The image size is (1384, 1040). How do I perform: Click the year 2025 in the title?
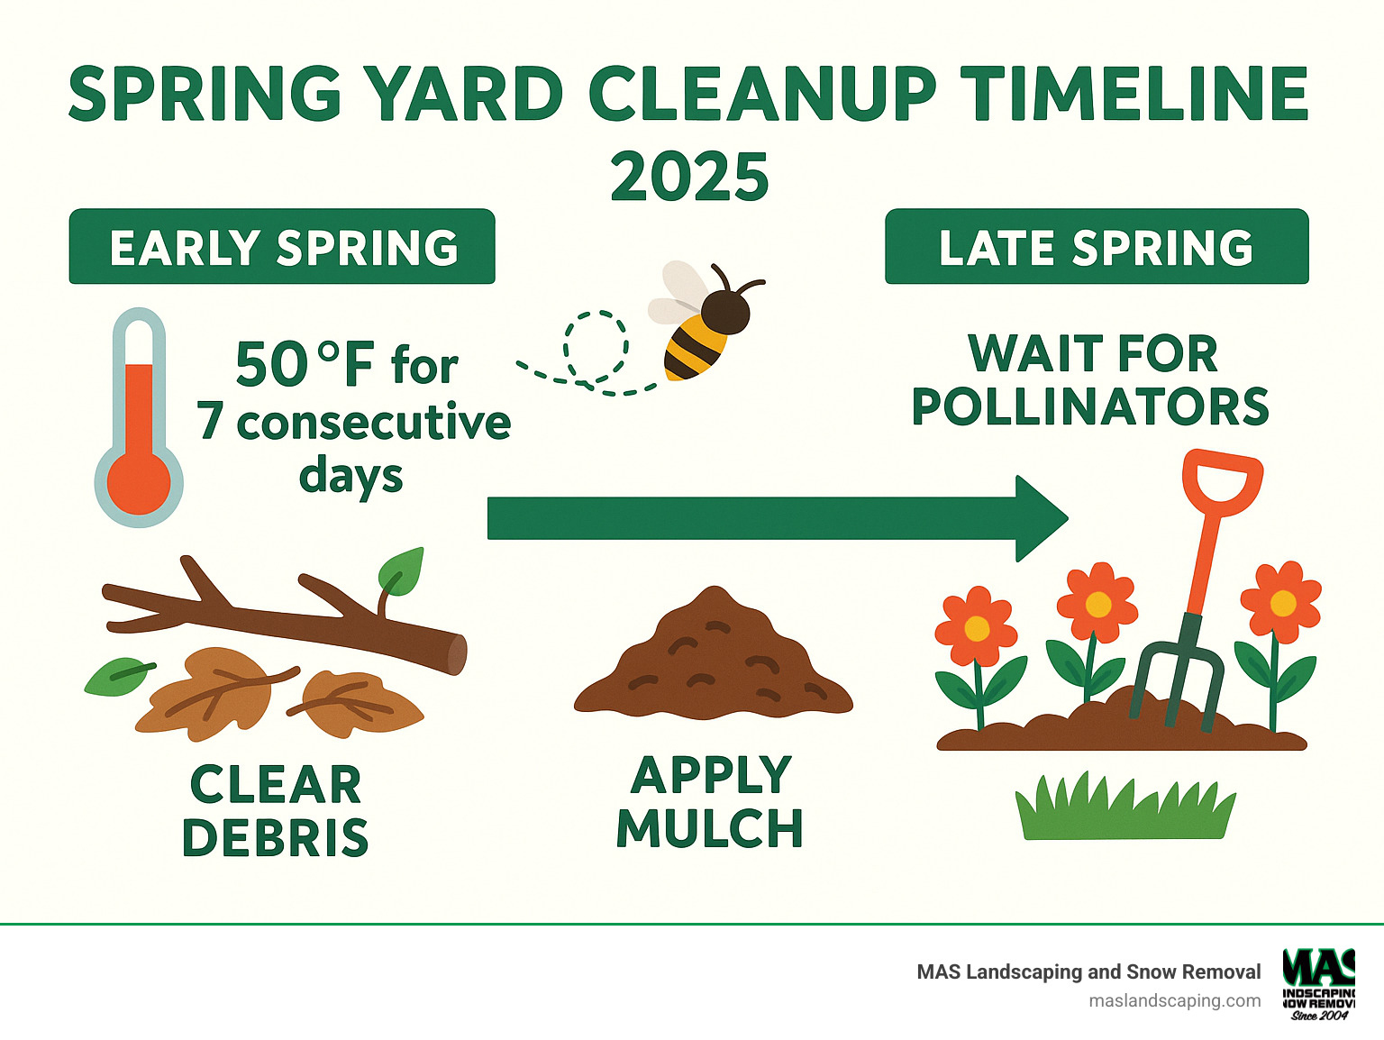coord(689,177)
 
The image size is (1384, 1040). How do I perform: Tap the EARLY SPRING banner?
coord(282,247)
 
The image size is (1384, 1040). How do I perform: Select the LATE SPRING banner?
coord(1096,247)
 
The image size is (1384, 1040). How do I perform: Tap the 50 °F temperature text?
coord(304,364)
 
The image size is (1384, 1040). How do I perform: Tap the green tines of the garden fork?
coord(1176,680)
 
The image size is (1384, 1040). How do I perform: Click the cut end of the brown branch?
coord(458,654)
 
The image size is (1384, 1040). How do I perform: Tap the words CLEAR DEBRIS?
coord(275,811)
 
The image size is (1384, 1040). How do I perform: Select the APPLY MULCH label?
coord(710,802)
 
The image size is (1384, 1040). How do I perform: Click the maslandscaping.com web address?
coord(1174,1000)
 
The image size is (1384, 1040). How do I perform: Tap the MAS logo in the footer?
coord(1318,982)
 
